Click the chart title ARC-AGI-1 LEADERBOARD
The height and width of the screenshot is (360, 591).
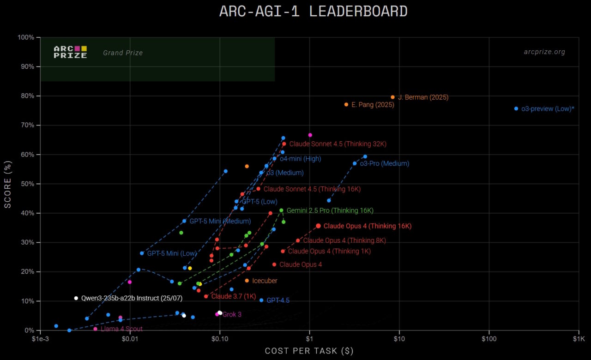314,12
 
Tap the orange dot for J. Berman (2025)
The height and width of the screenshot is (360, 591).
393,97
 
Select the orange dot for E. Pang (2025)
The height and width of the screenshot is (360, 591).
346,104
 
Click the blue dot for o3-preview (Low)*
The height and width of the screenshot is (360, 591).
516,108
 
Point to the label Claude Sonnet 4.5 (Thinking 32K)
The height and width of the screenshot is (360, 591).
338,144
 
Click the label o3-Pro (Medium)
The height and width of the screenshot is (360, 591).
384,163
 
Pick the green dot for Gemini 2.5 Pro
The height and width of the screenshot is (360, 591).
281,210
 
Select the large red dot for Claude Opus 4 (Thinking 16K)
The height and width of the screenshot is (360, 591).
318,226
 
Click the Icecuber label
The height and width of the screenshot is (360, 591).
265,281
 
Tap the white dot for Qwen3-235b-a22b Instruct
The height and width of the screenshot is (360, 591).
76,298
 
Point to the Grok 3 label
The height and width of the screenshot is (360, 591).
232,314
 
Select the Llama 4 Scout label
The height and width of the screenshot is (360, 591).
121,329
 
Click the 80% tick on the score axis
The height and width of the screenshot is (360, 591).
28,96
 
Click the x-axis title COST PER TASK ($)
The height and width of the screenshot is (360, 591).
309,351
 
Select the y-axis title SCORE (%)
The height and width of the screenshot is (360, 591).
8,183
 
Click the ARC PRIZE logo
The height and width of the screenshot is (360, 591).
70,52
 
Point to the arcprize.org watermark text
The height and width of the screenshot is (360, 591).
544,52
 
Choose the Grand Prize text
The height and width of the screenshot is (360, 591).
123,53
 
